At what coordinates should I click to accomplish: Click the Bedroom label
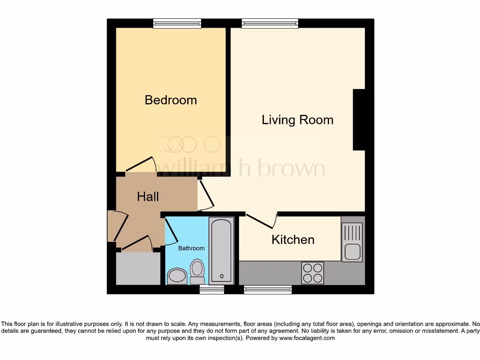(171, 100)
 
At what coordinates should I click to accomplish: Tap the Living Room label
(297, 120)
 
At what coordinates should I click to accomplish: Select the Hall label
(148, 197)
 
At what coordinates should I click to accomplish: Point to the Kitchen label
(293, 240)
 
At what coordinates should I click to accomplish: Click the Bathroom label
(191, 248)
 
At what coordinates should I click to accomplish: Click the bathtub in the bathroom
(221, 250)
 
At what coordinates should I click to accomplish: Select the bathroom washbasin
(177, 276)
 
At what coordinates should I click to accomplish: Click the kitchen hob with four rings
(313, 272)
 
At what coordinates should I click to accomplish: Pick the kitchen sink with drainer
(352, 242)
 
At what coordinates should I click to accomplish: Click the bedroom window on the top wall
(177, 23)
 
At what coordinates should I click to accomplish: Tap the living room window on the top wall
(270, 23)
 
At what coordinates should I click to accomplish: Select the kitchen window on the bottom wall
(268, 290)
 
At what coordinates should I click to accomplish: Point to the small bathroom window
(211, 290)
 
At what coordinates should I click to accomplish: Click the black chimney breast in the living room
(359, 120)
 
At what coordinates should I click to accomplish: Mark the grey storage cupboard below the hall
(138, 269)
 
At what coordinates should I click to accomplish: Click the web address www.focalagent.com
(307, 338)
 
